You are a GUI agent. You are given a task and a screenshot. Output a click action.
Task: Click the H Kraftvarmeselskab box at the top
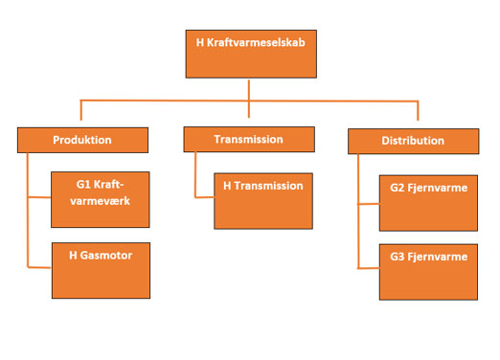point(249,53)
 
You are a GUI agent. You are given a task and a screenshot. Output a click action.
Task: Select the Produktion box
point(81,140)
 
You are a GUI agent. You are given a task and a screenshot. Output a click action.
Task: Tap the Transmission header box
point(248,139)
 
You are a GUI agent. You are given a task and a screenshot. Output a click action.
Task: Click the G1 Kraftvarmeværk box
point(100,198)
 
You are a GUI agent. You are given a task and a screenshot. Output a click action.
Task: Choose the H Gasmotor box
point(100,269)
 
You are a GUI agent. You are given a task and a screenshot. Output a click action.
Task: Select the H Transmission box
point(262,200)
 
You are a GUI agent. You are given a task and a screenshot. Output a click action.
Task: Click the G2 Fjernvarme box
point(428,202)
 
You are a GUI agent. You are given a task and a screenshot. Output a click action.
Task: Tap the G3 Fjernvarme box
point(428,270)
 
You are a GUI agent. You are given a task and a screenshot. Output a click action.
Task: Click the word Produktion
point(81,140)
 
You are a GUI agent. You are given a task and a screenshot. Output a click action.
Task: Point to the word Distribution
point(412,141)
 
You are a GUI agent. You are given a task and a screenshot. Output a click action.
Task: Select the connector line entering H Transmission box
point(204,197)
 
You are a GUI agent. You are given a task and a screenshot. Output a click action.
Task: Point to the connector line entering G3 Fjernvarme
point(368,269)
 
